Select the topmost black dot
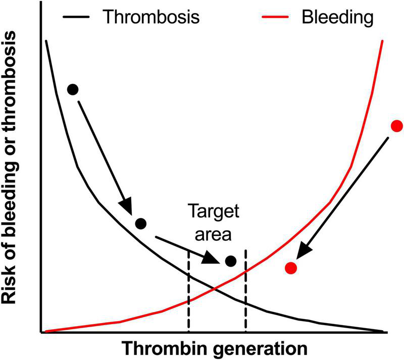73,89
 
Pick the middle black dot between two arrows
141,223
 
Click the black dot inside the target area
231,261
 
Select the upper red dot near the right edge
397,126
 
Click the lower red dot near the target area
290,268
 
